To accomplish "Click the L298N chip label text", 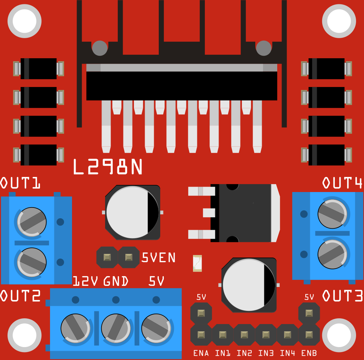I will coord(108,167).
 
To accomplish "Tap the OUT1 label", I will coord(20,183).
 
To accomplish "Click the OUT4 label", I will coord(342,183).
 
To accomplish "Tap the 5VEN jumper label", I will coord(159,258).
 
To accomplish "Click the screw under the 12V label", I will coord(75,328).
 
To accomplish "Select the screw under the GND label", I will coord(116,328).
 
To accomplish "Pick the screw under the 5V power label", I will coord(156,328).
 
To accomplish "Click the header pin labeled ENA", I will coord(201,335).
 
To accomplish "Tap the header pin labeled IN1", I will coord(223,335).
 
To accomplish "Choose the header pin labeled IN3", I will coord(266,335).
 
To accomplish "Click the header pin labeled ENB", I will coord(309,335).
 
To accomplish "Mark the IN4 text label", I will coord(287,353).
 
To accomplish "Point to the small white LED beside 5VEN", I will coord(197,263).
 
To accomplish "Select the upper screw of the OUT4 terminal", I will coord(333,214).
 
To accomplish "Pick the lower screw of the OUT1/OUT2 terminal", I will coord(32,262).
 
